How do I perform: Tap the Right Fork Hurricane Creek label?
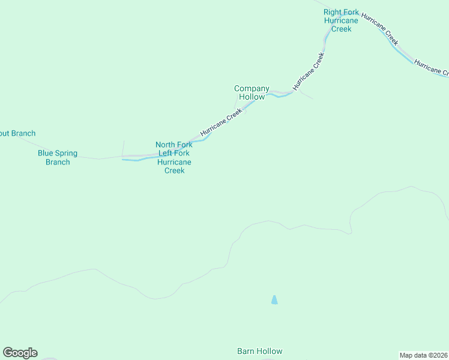(341, 20)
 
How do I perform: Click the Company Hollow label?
(252, 92)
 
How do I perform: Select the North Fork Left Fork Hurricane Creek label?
(174, 157)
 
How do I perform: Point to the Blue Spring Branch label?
(58, 157)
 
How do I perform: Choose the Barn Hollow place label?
(259, 351)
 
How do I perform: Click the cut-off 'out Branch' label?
(17, 133)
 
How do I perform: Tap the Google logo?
(20, 353)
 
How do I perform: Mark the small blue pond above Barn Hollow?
(274, 299)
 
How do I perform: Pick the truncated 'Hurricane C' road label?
(430, 68)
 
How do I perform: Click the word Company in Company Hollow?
(252, 88)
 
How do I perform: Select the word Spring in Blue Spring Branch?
(66, 153)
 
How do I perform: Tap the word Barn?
(246, 351)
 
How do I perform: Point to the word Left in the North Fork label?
(166, 153)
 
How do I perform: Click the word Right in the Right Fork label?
(332, 12)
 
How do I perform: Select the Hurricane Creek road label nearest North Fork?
(221, 122)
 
